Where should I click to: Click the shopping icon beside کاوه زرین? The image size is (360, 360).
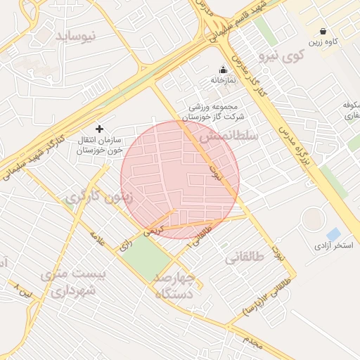[x=323, y=31]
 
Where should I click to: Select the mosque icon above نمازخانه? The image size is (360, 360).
[x=224, y=70]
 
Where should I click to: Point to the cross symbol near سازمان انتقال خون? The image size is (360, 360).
[x=99, y=129]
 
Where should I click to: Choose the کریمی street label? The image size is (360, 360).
[x=153, y=230]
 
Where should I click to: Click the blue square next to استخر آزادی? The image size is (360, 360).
[x=333, y=233]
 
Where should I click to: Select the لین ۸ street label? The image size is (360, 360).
[x=23, y=288]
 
